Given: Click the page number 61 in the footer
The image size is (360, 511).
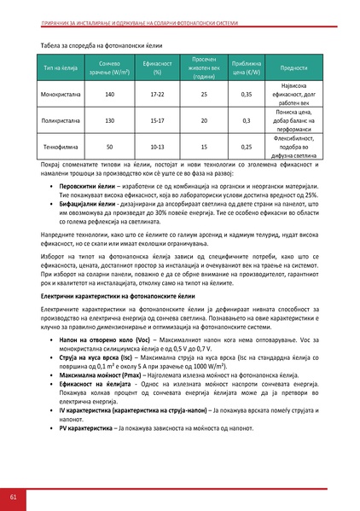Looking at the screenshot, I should click(13, 496).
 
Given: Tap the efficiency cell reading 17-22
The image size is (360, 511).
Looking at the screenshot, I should click(157, 94).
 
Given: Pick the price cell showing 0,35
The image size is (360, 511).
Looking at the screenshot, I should click(247, 94).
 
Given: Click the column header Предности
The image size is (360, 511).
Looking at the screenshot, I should click(293, 68).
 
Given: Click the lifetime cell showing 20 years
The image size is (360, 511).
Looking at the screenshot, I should click(204, 120).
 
